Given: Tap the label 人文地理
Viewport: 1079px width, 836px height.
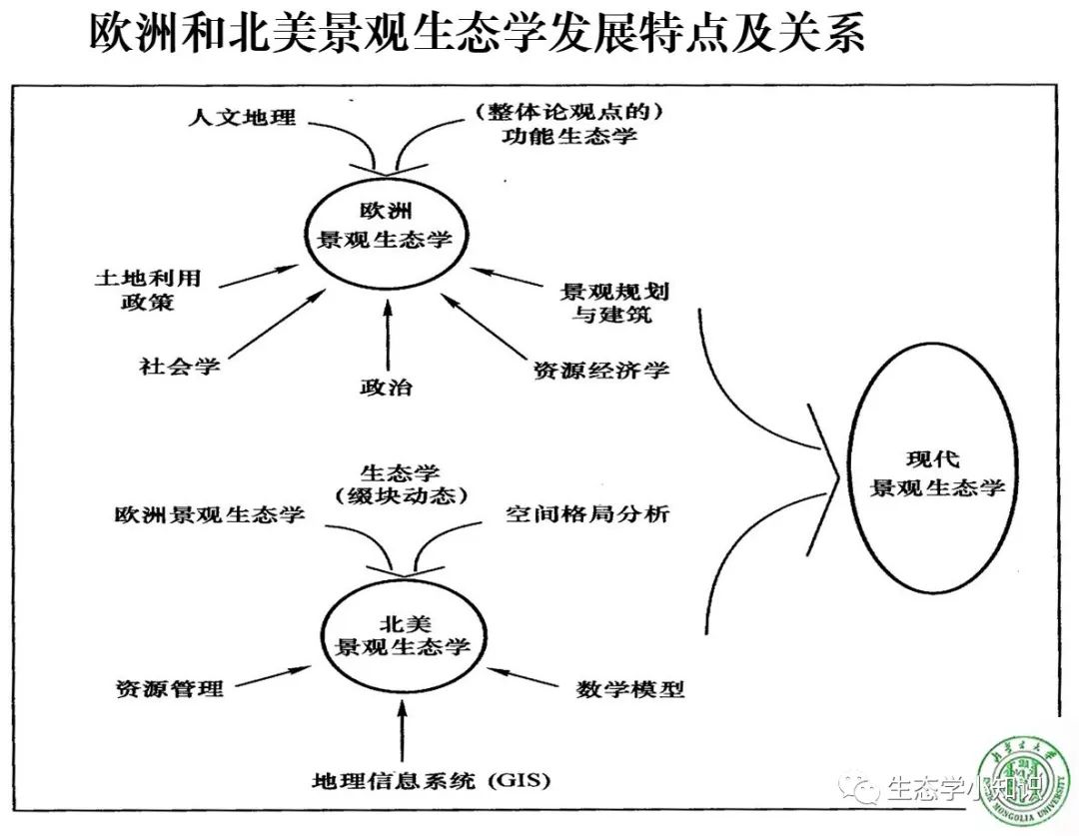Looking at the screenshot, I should [242, 117].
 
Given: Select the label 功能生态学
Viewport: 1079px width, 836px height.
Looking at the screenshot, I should [569, 136].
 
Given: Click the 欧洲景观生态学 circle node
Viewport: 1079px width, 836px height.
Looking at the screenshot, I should [386, 227].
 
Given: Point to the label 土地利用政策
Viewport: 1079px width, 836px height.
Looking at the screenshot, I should [147, 290].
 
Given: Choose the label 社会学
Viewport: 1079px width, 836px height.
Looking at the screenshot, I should [180, 366].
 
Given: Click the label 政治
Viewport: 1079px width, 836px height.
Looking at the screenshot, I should [386, 387].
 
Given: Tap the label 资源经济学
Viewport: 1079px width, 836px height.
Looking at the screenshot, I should [600, 371].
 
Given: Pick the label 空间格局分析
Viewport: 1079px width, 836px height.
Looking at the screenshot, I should [586, 515].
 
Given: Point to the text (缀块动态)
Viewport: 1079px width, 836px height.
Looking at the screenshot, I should [400, 495].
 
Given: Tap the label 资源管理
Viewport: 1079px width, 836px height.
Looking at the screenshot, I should [169, 688].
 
